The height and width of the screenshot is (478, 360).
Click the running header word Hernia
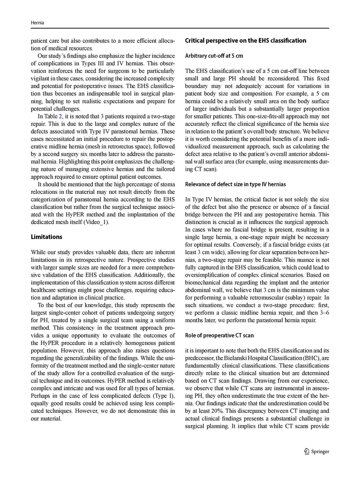(37, 23)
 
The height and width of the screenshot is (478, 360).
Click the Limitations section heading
(47, 237)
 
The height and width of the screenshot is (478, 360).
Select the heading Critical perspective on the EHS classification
(246, 40)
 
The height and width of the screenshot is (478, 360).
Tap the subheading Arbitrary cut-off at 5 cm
(214, 56)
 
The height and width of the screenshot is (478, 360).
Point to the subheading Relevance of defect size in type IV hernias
(235, 184)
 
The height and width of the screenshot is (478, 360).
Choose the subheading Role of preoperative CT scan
(220, 335)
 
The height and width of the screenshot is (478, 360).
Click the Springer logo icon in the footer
(306, 451)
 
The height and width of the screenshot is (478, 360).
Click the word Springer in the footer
(320, 452)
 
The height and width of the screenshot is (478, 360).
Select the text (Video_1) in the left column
(97, 222)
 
